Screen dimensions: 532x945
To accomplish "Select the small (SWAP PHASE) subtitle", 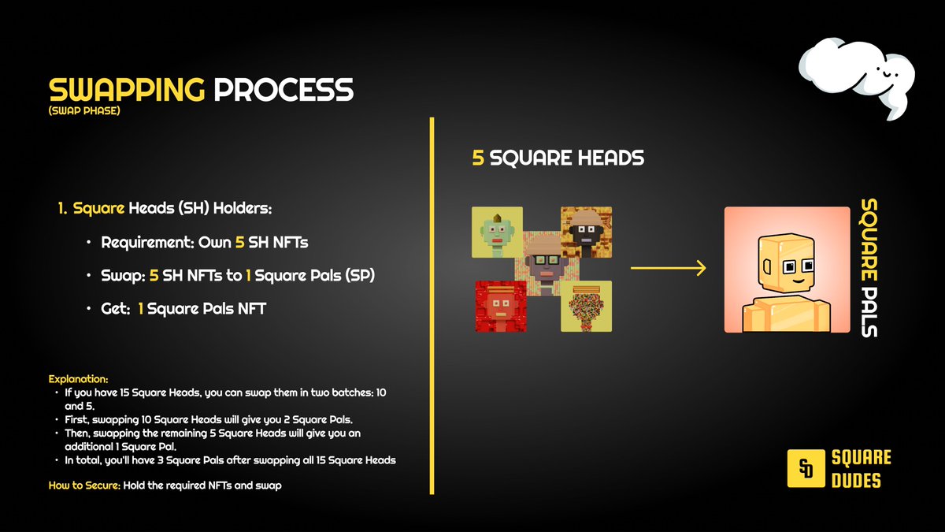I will point(83,111).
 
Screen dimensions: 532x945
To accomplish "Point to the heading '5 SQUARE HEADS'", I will point(558,158).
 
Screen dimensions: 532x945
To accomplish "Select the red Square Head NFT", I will point(499,306).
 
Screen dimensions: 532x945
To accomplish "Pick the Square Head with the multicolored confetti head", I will point(587,306).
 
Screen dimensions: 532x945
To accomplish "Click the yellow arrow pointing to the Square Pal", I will point(668,270).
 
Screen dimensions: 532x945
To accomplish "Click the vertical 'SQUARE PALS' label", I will point(869,268).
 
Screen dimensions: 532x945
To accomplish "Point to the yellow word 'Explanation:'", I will point(78,379).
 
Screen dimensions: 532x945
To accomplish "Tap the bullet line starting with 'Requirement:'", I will point(199,242).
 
